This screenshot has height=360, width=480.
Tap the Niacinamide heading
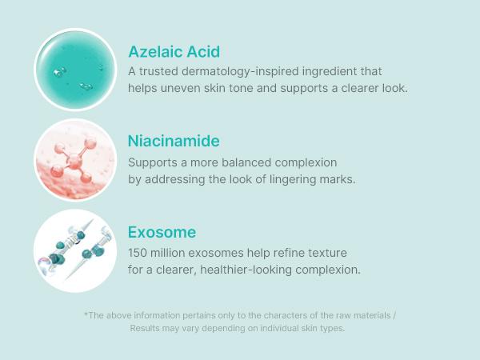pos(174,142)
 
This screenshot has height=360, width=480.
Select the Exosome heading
pos(162,233)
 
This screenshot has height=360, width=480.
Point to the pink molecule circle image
pos(75,160)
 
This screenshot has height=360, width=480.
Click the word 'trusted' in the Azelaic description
pos(159,71)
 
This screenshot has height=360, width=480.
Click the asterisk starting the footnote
pos(86,314)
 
